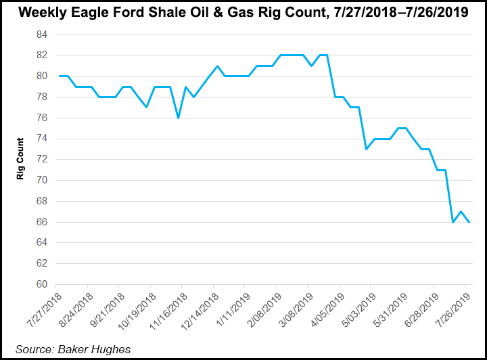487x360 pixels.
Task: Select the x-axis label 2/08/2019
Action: (263, 311)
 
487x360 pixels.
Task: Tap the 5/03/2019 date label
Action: (357, 311)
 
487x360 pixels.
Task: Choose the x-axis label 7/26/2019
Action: (452, 311)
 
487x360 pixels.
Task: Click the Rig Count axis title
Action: (21, 160)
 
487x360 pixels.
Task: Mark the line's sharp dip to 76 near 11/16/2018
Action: (178, 118)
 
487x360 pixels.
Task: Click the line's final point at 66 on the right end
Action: (469, 222)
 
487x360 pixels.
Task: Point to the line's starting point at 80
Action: (60, 76)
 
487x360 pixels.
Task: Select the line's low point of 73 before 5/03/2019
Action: (366, 149)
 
